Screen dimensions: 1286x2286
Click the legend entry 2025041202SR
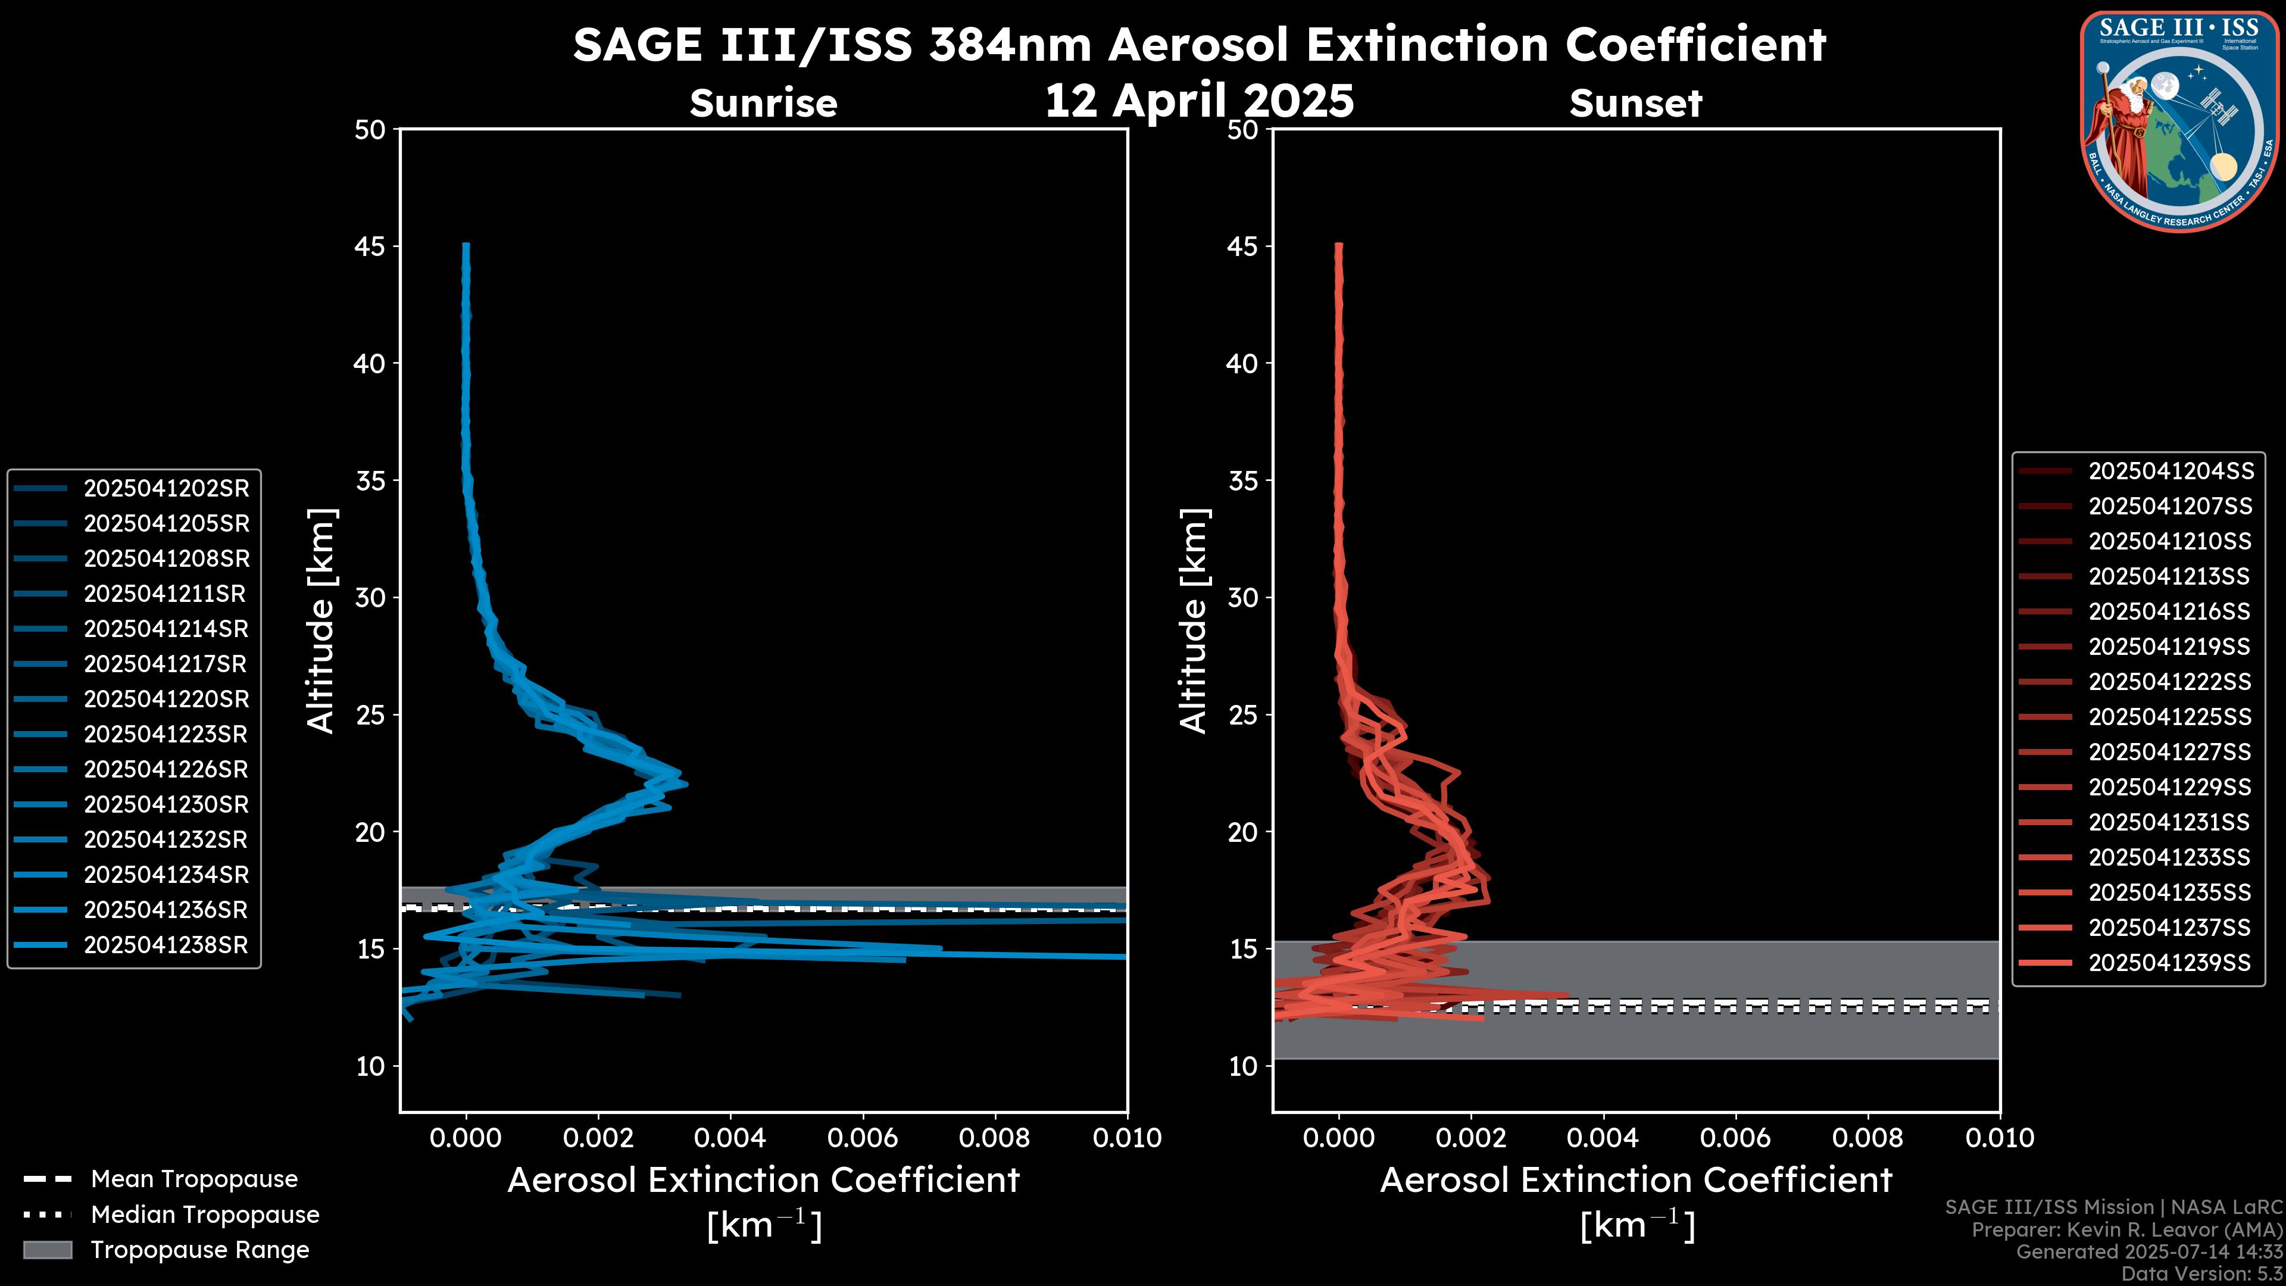[x=166, y=488]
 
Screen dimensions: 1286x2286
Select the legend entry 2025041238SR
[x=166, y=945]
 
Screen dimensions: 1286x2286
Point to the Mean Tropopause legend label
[x=193, y=1179]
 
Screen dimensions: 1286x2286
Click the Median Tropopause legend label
[x=204, y=1215]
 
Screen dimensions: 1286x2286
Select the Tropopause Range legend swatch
[x=47, y=1250]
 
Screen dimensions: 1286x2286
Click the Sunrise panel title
[x=763, y=104]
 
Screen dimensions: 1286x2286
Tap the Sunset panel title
[x=1635, y=104]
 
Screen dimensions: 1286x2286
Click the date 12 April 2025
[x=1199, y=100]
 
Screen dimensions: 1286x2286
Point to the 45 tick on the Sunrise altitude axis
[x=370, y=246]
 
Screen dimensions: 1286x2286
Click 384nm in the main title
[x=1009, y=45]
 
